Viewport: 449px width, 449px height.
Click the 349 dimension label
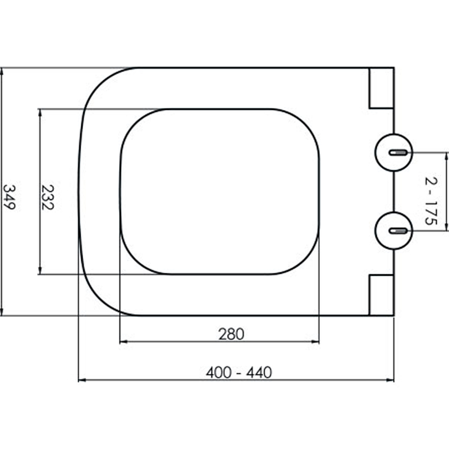[x=8, y=197]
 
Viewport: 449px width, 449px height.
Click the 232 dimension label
[x=48, y=198]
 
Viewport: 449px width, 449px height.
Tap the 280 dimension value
[x=231, y=334]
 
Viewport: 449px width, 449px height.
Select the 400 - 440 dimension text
[x=239, y=372]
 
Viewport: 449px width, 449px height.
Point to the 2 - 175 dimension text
[x=431, y=201]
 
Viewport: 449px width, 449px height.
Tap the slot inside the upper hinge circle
[x=398, y=153]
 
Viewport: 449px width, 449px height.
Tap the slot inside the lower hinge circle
[x=398, y=231]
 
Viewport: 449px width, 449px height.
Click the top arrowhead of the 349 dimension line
[x=2, y=71]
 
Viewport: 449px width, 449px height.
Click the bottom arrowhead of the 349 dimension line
[x=2, y=313]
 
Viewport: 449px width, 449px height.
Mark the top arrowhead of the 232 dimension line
[x=40, y=112]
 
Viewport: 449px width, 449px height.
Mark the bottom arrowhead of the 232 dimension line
[x=40, y=271]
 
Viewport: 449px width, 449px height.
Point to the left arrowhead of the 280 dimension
[x=123, y=342]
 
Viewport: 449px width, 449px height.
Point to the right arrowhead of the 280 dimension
[x=315, y=342]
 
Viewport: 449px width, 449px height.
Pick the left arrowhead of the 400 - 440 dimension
[x=82, y=380]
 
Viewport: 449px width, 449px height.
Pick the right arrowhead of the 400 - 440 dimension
[x=390, y=380]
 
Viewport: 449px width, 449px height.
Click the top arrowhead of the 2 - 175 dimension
[x=446, y=157]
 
